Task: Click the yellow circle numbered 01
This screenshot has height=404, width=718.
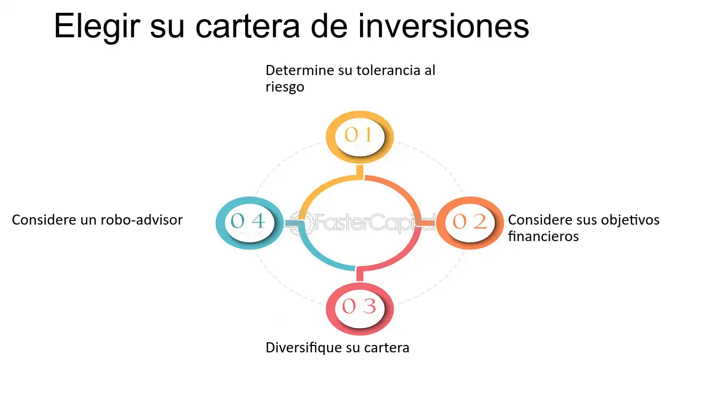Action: click(x=359, y=135)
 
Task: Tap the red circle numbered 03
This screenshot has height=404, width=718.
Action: click(x=359, y=307)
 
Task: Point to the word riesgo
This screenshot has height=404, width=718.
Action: click(x=285, y=87)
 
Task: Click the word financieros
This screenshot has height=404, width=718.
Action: click(x=543, y=236)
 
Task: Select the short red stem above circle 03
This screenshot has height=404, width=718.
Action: click(x=360, y=275)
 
